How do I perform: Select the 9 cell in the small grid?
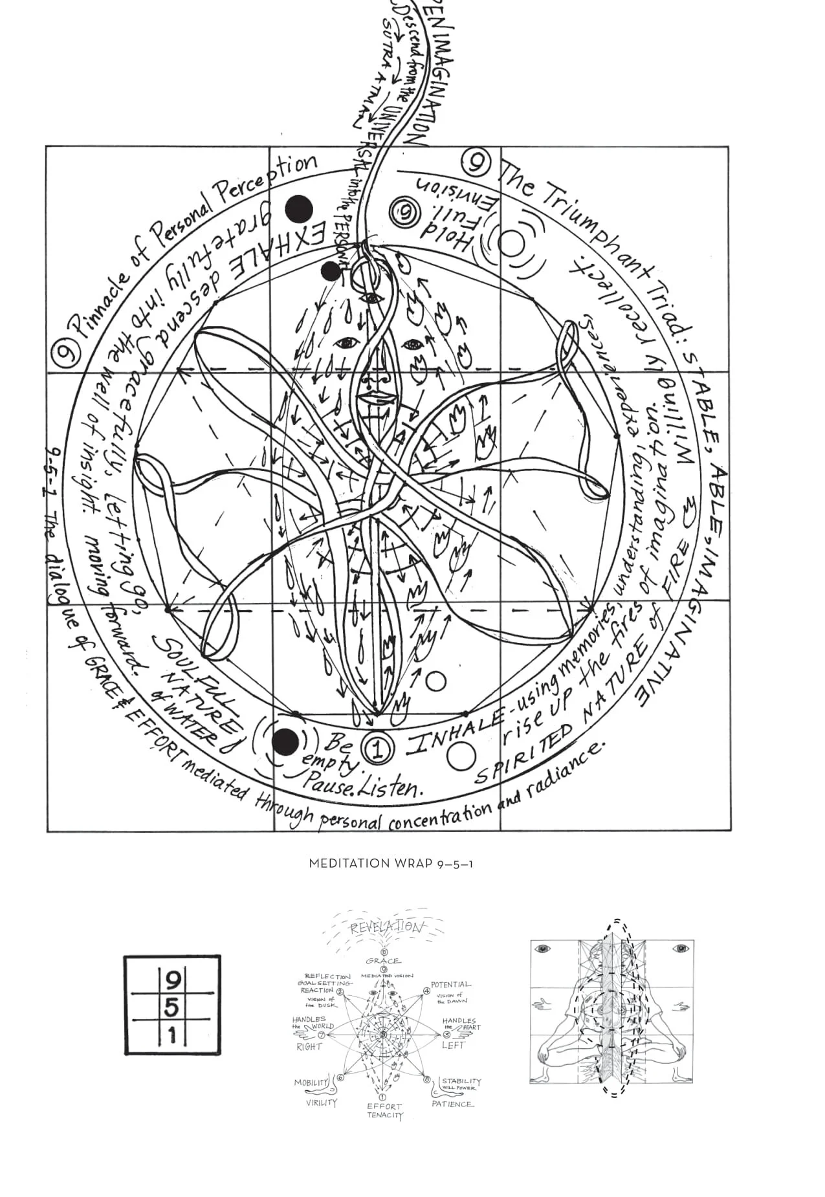click(x=173, y=982)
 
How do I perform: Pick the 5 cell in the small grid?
click(x=173, y=1007)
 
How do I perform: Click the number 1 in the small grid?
click(x=173, y=1035)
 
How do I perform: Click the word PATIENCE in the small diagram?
click(x=452, y=1104)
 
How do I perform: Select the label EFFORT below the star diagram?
click(x=384, y=1106)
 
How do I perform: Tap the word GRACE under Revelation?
click(x=383, y=961)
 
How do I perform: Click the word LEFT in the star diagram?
click(x=453, y=1045)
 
